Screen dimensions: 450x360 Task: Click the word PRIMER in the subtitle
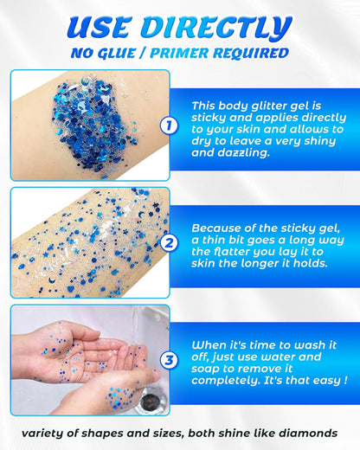(200, 54)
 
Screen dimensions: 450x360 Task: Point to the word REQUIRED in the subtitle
(256, 54)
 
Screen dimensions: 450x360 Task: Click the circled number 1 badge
(170, 126)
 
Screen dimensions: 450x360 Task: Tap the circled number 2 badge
(170, 243)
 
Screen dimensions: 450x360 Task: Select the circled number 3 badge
(170, 359)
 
